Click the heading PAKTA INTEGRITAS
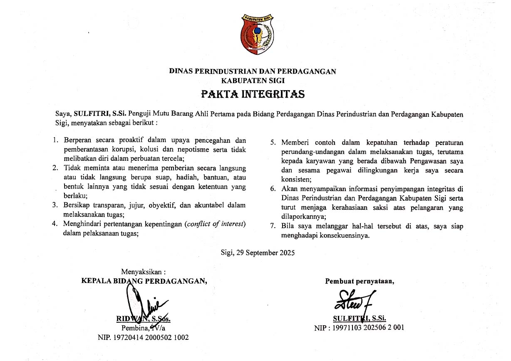tap(253, 94)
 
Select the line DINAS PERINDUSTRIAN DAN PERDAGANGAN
tap(253, 71)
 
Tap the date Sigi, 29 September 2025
tap(258, 252)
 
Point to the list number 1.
tap(55, 140)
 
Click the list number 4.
tap(55, 224)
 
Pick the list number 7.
tap(273, 226)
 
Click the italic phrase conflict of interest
tap(215, 224)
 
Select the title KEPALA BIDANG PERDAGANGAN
tap(144, 281)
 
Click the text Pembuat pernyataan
tap(360, 281)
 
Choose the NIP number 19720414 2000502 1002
tap(143, 337)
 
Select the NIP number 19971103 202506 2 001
tap(359, 328)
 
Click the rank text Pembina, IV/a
tap(143, 328)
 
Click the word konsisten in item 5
tap(296, 179)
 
